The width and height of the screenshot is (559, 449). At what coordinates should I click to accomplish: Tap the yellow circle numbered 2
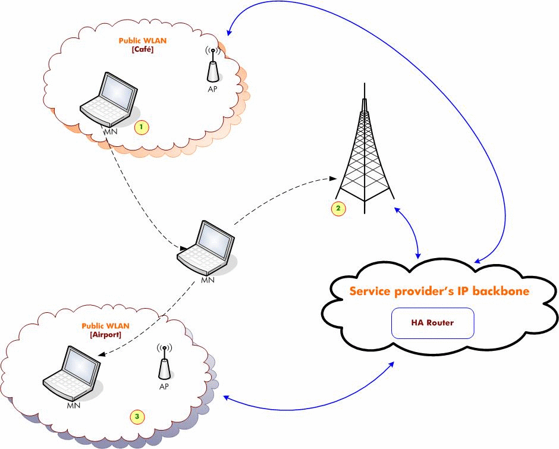coord(338,208)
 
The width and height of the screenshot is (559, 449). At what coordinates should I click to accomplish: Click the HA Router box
coord(432,323)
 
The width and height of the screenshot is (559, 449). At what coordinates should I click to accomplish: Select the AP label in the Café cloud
coord(212,90)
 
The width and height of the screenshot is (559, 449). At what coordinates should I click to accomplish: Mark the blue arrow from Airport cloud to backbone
coord(309,401)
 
